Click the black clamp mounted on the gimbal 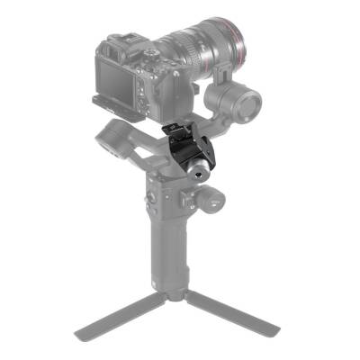pyautogui.click(x=184, y=153)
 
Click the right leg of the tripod pyautogui.click(x=229, y=310)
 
